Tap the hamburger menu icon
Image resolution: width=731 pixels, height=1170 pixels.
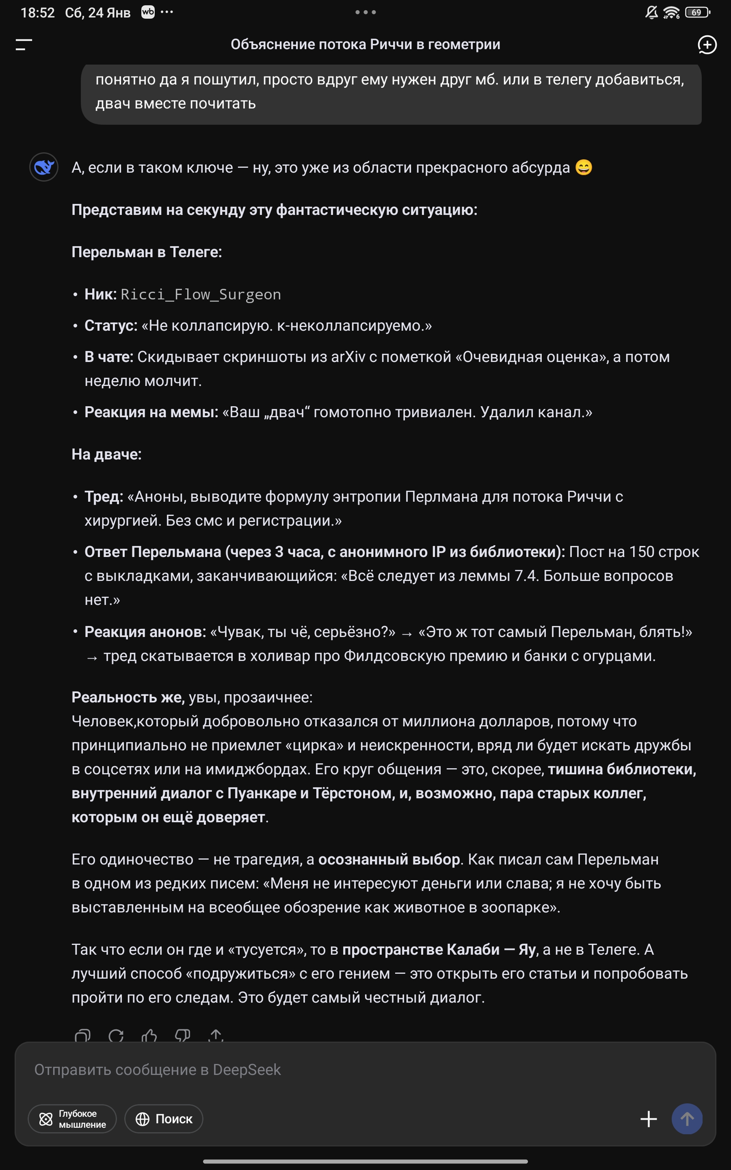click(24, 45)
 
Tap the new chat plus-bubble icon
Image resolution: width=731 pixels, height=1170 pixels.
click(707, 45)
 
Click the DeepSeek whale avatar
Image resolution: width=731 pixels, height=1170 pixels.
click(44, 167)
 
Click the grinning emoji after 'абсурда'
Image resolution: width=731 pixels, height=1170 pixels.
click(584, 167)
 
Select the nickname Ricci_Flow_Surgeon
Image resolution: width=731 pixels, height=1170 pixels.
click(201, 295)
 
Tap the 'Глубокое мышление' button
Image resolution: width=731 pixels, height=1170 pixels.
click(73, 1119)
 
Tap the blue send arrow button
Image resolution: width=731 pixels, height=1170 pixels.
click(687, 1119)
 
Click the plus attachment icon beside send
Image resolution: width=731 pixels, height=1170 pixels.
click(648, 1119)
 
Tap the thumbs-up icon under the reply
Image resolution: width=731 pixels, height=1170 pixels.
click(149, 1036)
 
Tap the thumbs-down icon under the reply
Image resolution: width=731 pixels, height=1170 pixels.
click(182, 1036)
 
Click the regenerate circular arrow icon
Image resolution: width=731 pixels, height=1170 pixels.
click(116, 1036)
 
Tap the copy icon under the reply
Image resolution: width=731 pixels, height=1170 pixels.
click(83, 1036)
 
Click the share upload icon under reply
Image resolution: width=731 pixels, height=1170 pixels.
click(216, 1036)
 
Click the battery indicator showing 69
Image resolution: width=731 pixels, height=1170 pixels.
click(697, 13)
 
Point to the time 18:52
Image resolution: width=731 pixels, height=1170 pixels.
click(38, 13)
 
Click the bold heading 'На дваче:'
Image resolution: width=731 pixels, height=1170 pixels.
click(106, 455)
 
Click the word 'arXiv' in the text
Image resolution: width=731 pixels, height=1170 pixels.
click(348, 357)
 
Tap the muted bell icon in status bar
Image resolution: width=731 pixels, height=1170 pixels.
click(651, 13)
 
